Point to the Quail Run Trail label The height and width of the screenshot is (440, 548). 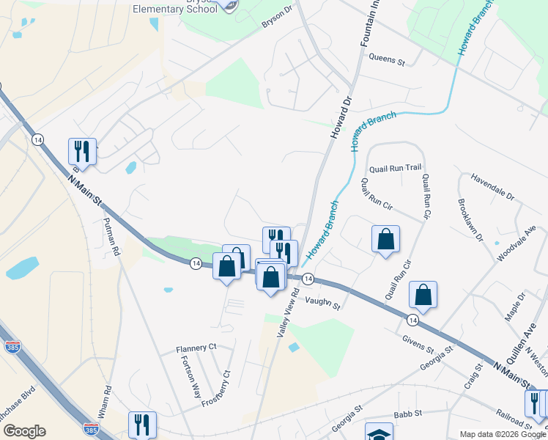click(x=396, y=168)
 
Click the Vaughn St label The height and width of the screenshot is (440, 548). click(x=324, y=301)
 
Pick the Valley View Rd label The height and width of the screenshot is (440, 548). click(x=288, y=312)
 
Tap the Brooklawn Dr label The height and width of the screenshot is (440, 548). click(x=470, y=219)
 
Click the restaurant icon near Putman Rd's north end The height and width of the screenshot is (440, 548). click(x=82, y=151)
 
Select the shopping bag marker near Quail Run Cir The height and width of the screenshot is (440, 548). click(x=385, y=239)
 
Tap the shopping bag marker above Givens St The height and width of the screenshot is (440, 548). click(x=423, y=295)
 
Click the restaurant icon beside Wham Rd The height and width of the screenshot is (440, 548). click(x=141, y=424)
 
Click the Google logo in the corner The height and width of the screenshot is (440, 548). click(x=24, y=431)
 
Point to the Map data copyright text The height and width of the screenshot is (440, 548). click(x=503, y=434)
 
